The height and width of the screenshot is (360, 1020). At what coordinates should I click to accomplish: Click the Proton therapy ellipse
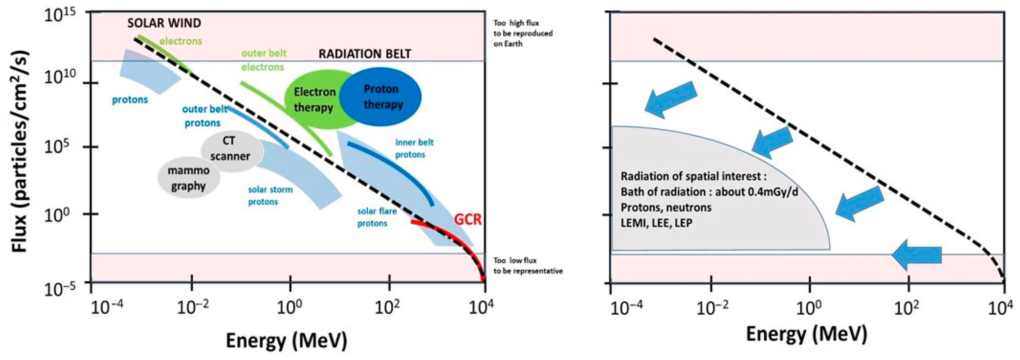click(x=381, y=97)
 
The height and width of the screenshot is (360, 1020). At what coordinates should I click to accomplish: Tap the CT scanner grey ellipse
click(x=230, y=149)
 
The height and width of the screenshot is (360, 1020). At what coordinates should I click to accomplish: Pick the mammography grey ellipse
click(x=189, y=178)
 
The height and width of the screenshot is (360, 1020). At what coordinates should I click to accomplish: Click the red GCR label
click(x=468, y=219)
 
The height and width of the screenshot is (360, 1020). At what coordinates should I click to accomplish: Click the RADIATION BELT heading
click(x=365, y=54)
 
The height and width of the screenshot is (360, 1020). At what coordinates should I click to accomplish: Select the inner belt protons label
click(x=414, y=148)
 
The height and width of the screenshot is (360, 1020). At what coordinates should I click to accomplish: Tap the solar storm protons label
click(x=270, y=196)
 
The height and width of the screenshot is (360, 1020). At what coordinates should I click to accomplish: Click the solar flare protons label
click(x=376, y=217)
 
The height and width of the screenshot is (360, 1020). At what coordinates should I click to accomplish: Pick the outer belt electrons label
click(x=264, y=60)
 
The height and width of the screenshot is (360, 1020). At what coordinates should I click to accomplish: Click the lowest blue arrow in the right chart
click(x=916, y=255)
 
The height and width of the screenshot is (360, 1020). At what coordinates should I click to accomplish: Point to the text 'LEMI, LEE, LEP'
click(x=656, y=223)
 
